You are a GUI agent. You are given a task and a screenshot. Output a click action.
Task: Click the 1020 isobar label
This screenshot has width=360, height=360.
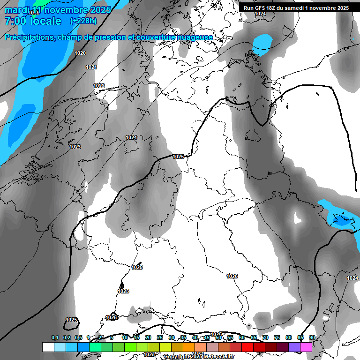coord(80,53)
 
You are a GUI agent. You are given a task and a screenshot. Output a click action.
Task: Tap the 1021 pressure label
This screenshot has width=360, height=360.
coord(91,67)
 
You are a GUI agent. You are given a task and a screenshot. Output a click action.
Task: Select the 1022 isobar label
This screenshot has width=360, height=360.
coord(99,86)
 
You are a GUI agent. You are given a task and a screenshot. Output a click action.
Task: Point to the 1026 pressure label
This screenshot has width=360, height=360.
coord(232,276)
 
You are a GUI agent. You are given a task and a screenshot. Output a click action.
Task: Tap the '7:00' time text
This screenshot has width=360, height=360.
coord(15,21)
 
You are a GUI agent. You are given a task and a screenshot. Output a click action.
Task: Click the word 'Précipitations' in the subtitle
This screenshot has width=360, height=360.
coord(30,37)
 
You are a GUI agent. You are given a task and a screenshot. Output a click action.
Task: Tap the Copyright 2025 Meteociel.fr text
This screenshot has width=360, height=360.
coord(199,357)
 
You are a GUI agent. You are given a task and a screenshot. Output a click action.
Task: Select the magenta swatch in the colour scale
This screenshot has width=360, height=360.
coord(306,347)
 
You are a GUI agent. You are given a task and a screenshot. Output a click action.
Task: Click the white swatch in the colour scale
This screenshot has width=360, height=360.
coord(48,347)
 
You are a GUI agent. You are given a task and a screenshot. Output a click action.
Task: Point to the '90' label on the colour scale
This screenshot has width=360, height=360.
coord(312,337)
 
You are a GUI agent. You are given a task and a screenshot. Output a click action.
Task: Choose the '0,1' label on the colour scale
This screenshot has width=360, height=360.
coord(55,337)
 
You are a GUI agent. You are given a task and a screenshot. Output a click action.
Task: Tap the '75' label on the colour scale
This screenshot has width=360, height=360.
coord(277,337)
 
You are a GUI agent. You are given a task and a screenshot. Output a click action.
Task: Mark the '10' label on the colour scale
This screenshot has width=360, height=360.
coord(125,337)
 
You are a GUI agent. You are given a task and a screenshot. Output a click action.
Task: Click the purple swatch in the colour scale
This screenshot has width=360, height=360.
coord(294,347)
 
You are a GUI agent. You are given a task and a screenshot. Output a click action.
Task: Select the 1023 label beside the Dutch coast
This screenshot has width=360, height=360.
coord(75,147)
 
